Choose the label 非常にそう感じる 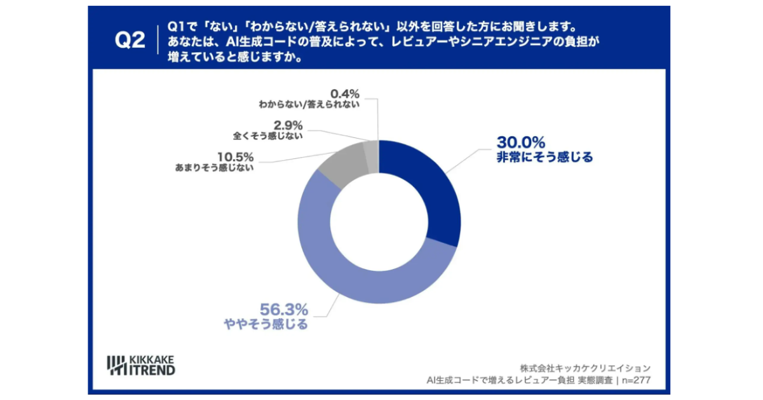[544, 158]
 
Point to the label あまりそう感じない [214, 169]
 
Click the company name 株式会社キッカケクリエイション [585, 368]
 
